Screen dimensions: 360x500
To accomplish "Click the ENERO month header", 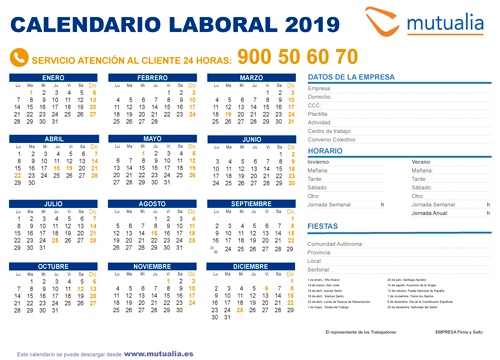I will pyautogui.click(x=54, y=77).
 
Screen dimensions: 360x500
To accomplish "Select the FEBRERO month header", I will pyautogui.click(x=153, y=77).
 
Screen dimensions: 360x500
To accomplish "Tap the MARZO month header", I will pyautogui.click(x=251, y=77).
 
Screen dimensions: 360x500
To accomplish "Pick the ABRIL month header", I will pyautogui.click(x=54, y=139).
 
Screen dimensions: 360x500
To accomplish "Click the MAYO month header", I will pyautogui.click(x=153, y=139).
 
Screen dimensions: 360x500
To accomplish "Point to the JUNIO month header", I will pyautogui.click(x=251, y=139).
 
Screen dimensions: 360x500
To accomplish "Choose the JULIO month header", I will pyautogui.click(x=54, y=203).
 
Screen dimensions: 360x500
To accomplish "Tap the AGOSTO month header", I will pyautogui.click(x=153, y=203).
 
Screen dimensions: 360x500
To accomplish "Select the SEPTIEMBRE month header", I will pyautogui.click(x=251, y=203).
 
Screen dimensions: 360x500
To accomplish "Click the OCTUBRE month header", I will pyautogui.click(x=54, y=266).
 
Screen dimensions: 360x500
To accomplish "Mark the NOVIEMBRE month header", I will pyautogui.click(x=153, y=266).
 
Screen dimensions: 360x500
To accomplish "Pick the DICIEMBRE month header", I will pyautogui.click(x=251, y=266).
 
